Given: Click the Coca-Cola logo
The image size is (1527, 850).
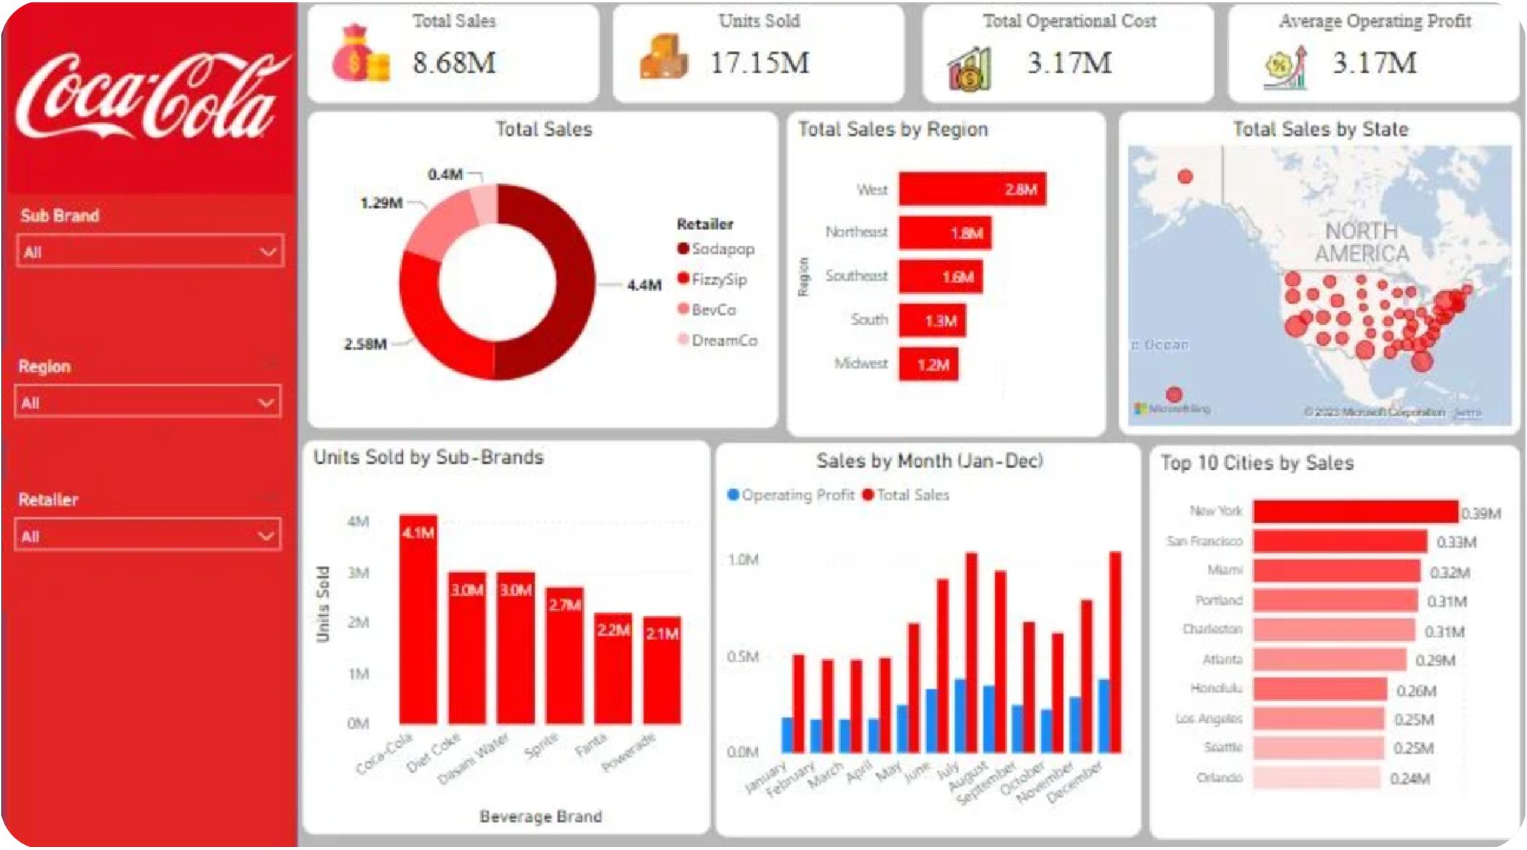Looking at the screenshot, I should click(149, 96).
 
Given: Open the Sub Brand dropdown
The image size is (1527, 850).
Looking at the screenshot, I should click(149, 252).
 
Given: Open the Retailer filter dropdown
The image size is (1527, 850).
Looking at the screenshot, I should click(148, 536).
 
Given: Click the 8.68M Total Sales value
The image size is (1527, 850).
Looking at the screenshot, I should click(454, 63).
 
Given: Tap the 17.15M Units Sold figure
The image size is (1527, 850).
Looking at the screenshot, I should click(759, 63).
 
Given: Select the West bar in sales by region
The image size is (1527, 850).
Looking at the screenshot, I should click(972, 189).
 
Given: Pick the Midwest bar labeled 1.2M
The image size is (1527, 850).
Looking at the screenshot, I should click(928, 364).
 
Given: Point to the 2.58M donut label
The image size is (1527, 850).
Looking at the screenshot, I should click(365, 344).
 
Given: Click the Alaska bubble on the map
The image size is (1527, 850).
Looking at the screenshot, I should click(1185, 176).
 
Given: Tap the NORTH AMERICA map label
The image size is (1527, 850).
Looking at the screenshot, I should click(1361, 243).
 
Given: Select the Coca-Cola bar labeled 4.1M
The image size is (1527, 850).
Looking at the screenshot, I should click(418, 619).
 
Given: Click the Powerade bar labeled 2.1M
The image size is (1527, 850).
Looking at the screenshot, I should click(662, 670).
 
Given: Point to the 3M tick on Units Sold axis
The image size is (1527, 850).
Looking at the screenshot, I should click(358, 572).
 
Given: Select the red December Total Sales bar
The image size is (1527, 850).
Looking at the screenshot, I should click(1115, 652).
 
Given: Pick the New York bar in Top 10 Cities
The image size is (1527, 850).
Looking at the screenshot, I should click(1355, 511).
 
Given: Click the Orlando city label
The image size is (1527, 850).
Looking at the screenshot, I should click(1219, 778).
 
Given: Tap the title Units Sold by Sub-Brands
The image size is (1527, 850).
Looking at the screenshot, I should click(429, 457).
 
